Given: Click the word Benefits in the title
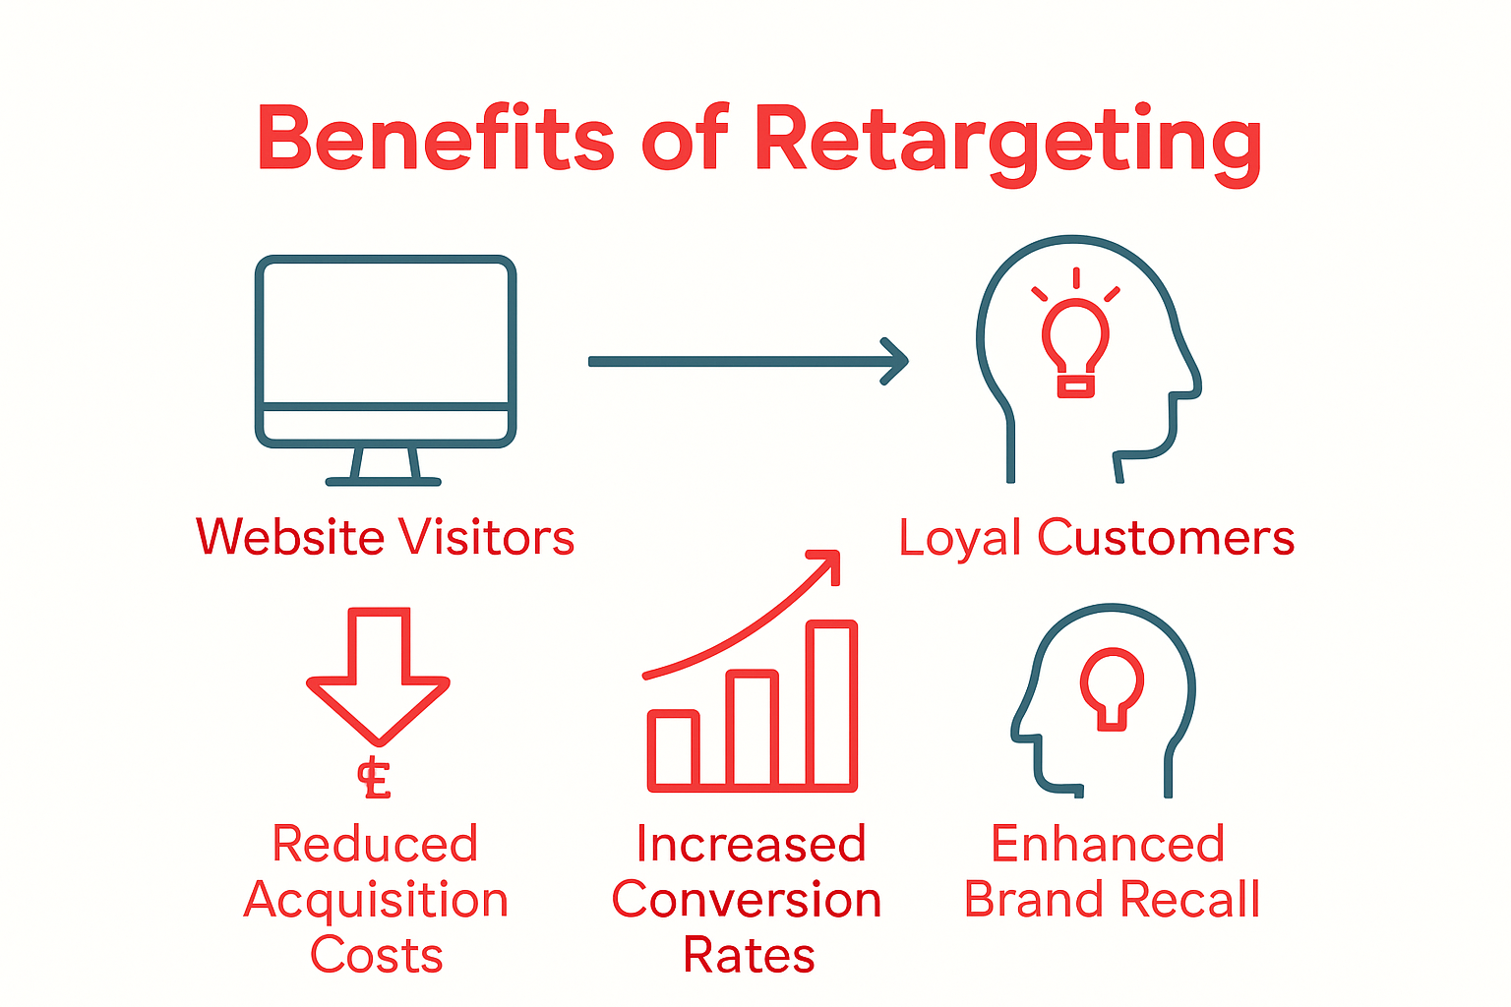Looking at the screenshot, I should click(435, 138).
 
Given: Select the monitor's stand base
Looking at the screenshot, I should click(384, 481).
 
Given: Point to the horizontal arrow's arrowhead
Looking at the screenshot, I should click(894, 361).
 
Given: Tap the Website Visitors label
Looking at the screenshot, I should click(385, 537).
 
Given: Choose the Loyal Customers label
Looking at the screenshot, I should click(1096, 537).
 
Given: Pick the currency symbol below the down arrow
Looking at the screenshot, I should click(375, 780).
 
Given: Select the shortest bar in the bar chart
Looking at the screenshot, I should click(674, 749).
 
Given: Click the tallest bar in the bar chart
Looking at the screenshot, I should click(832, 704).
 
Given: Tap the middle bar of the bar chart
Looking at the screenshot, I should click(753, 729).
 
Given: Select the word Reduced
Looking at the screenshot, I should click(375, 844).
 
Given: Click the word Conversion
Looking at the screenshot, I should click(747, 900).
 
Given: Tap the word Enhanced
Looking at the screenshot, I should click(1108, 844).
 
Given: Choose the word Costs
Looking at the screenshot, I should click(377, 955).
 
